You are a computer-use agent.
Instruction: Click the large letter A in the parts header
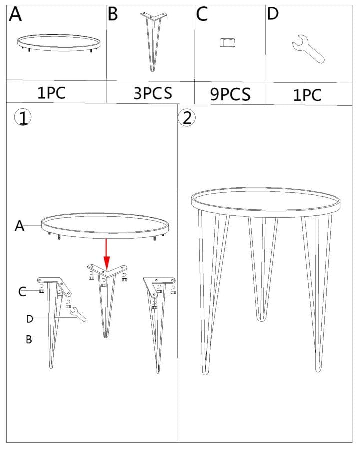pyautogui.click(x=15, y=14)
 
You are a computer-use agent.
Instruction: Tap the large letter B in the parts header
pyautogui.click(x=113, y=14)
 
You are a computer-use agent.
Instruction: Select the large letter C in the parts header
pyautogui.click(x=202, y=14)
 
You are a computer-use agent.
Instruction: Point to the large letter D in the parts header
pyautogui.click(x=272, y=14)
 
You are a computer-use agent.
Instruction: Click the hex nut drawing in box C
pyautogui.click(x=228, y=43)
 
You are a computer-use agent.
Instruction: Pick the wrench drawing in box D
pyautogui.click(x=308, y=49)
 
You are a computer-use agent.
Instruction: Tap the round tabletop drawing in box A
pyautogui.click(x=59, y=43)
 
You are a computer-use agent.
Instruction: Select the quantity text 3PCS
pyautogui.click(x=153, y=93)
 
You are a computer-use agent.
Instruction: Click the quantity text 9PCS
pyautogui.click(x=230, y=94)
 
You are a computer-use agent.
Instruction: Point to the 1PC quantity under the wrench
pyautogui.click(x=307, y=95)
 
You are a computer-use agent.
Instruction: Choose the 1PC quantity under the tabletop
pyautogui.click(x=51, y=92)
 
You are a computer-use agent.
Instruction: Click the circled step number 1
pyautogui.click(x=23, y=118)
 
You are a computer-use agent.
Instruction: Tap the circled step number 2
pyautogui.click(x=187, y=118)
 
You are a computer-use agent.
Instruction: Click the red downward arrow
pyautogui.click(x=107, y=254)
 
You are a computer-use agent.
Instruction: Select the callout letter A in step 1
pyautogui.click(x=19, y=226)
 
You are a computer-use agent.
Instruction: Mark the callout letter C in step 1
pyautogui.click(x=22, y=292)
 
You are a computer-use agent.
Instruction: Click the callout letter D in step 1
pyautogui.click(x=30, y=319)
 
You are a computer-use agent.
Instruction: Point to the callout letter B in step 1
pyautogui.click(x=29, y=339)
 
